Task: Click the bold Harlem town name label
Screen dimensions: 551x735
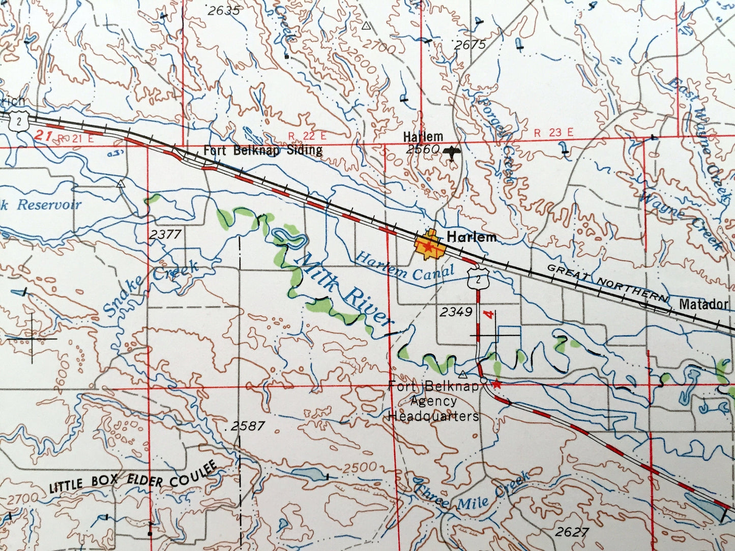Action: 471,237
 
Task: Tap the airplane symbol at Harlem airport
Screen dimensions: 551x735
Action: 452,152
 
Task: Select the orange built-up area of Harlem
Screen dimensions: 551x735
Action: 430,247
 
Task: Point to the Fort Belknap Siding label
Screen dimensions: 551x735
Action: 262,150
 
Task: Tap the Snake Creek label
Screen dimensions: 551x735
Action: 151,287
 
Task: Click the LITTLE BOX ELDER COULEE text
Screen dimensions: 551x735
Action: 133,478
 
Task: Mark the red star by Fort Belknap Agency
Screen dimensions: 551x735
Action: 497,384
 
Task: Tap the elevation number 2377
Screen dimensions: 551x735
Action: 166,234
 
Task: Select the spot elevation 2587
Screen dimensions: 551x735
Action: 248,426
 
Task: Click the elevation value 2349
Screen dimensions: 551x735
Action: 456,312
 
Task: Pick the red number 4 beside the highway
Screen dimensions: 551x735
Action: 490,315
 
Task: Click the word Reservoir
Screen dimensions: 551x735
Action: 49,205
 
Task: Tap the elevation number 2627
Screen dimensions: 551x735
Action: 572,532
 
